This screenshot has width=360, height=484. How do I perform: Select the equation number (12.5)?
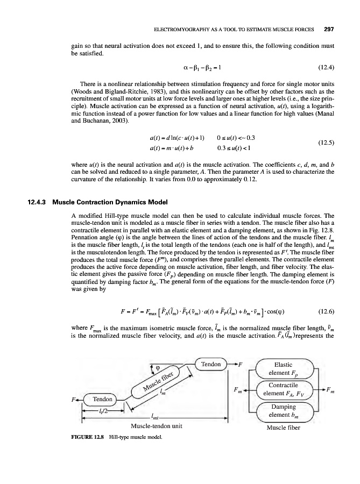click(322, 144)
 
